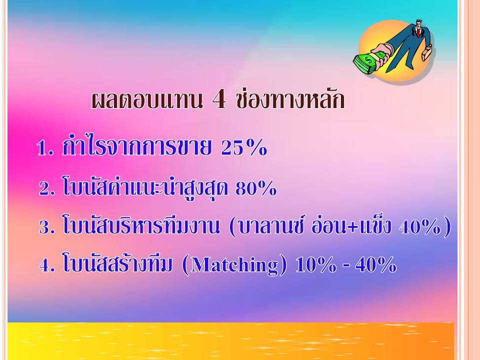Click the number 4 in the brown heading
click(x=219, y=100)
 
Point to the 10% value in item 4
click(x=316, y=264)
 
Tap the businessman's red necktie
click(x=417, y=32)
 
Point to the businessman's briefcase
click(x=427, y=52)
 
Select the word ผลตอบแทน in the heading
click(x=147, y=100)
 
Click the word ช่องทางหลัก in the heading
click(x=291, y=99)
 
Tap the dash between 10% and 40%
click(x=346, y=265)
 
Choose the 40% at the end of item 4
click(x=376, y=264)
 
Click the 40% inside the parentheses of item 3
click(x=419, y=227)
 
